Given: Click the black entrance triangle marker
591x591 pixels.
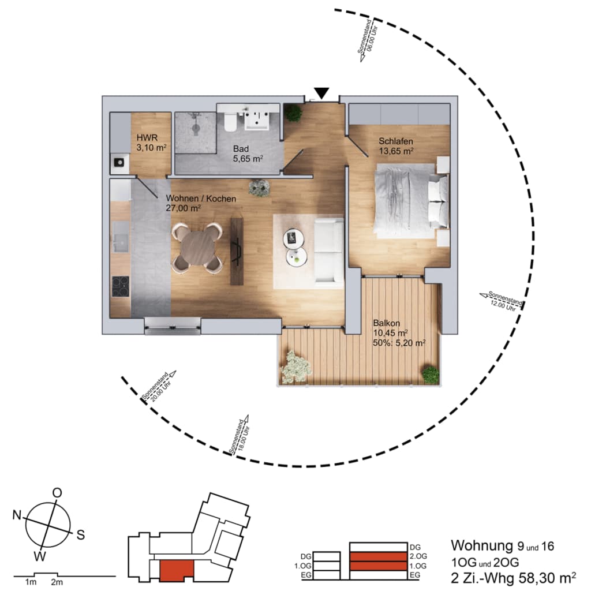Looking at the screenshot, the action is point(321,93).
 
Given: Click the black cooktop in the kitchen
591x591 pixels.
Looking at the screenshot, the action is point(120,286).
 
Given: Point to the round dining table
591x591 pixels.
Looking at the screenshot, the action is point(197,248).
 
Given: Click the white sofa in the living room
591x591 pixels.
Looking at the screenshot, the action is point(329,250).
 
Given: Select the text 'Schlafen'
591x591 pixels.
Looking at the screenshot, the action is point(396,141).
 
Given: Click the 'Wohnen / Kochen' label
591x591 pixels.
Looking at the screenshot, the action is point(201,199).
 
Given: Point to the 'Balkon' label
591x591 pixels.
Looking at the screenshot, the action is point(386,323).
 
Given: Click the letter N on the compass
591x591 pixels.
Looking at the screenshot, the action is point(17,514).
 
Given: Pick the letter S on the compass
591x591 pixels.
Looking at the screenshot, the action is point(81,534).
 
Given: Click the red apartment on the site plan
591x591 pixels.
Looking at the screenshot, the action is point(177,570).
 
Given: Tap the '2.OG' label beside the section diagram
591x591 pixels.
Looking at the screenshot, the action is point(418,556).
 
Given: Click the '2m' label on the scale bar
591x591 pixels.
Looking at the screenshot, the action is point(57,582).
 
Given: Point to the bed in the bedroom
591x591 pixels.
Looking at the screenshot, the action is point(412,201).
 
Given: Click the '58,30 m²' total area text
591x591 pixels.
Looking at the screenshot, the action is point(547,577).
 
